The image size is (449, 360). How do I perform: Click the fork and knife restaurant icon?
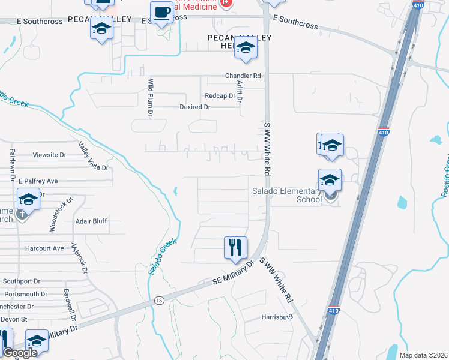235,247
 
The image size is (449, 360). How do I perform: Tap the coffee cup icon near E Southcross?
161,13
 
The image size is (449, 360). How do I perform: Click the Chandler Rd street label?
243,76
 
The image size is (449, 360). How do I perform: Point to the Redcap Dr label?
219,96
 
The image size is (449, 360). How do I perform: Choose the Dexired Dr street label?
195,107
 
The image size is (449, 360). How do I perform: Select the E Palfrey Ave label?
38,181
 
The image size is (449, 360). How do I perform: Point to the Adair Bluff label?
91,221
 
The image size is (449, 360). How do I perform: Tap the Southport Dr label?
21,281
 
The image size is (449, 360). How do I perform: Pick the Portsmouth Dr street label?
25,294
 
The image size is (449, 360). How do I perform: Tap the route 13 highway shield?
158,299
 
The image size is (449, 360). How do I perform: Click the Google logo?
20,353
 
